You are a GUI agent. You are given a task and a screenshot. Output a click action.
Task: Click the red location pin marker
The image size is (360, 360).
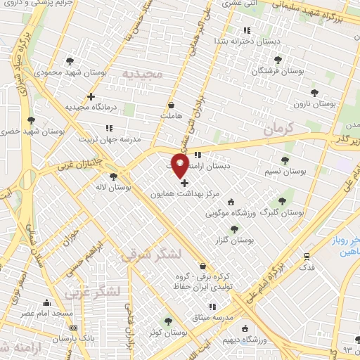(x=180, y=166)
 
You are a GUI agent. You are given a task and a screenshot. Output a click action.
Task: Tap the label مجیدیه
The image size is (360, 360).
(x=143, y=74)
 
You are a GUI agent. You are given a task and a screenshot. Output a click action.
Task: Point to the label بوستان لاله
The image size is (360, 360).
(x=113, y=188)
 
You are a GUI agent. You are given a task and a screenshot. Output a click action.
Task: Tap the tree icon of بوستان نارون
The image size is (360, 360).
(x=314, y=91)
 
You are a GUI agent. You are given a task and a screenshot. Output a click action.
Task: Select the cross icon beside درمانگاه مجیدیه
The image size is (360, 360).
(x=91, y=96)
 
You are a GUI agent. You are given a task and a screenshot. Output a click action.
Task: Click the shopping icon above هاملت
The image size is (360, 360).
(x=171, y=105)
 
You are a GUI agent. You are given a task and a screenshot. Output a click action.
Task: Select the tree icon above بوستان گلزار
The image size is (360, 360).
(x=234, y=229)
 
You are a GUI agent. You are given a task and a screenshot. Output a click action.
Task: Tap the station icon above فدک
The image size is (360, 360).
(x=307, y=257)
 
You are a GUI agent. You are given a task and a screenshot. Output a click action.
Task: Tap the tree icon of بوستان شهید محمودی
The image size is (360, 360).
(x=68, y=60)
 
